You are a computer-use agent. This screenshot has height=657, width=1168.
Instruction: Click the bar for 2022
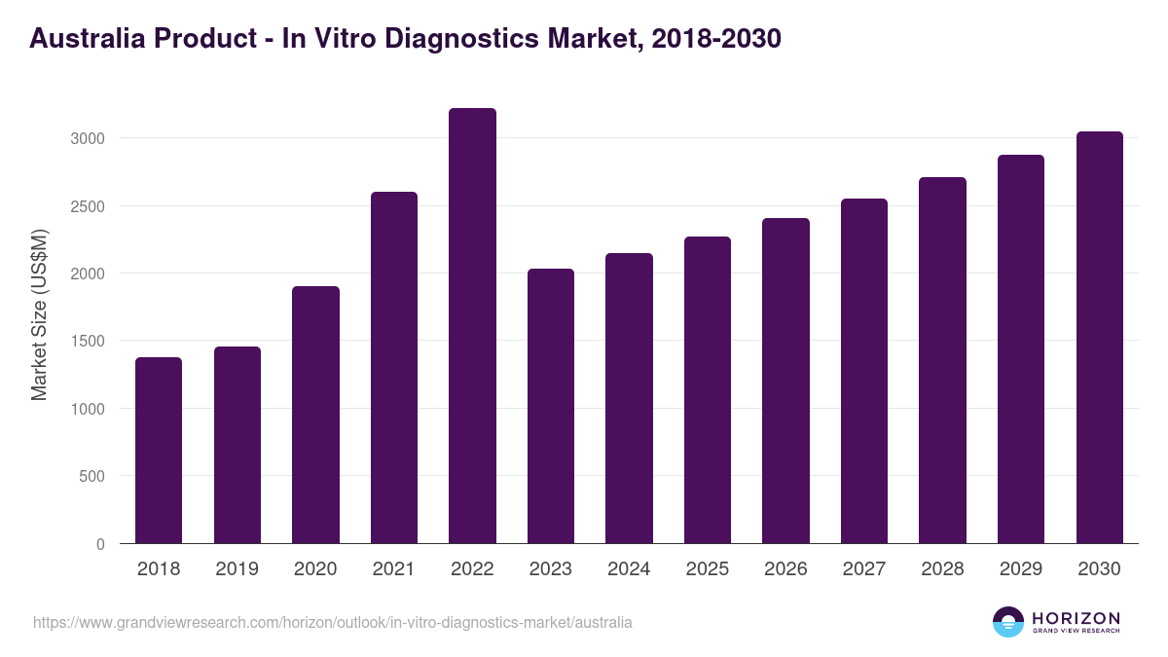coord(472,326)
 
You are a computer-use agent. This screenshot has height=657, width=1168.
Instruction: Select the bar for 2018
coord(159,451)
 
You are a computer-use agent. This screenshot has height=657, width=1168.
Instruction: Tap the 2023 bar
coord(551,406)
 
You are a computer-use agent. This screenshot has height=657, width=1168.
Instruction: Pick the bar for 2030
coord(1099,338)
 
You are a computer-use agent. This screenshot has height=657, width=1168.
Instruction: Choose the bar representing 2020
coord(315,415)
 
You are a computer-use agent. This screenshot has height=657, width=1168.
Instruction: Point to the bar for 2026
coord(785,381)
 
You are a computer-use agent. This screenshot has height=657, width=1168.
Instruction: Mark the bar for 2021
coord(394,368)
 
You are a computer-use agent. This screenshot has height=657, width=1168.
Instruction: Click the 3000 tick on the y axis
coord(88,138)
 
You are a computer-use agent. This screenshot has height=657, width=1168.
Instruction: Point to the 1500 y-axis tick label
coord(88,342)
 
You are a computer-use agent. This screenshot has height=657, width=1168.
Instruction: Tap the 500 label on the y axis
coord(92,477)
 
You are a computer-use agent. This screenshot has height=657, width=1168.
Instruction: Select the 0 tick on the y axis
coord(100,544)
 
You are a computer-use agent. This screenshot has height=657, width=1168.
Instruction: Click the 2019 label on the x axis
coord(237,569)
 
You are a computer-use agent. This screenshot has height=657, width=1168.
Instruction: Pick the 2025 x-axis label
coord(708,569)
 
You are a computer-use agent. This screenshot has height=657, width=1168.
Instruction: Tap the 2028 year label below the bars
coord(942,569)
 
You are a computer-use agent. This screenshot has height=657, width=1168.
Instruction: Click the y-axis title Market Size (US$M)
coord(39,314)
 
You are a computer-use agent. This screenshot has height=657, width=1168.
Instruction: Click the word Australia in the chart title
coord(82,38)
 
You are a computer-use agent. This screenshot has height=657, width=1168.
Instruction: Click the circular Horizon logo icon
coord(1008,622)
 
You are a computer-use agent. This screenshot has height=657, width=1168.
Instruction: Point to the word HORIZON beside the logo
coord(1076,618)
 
